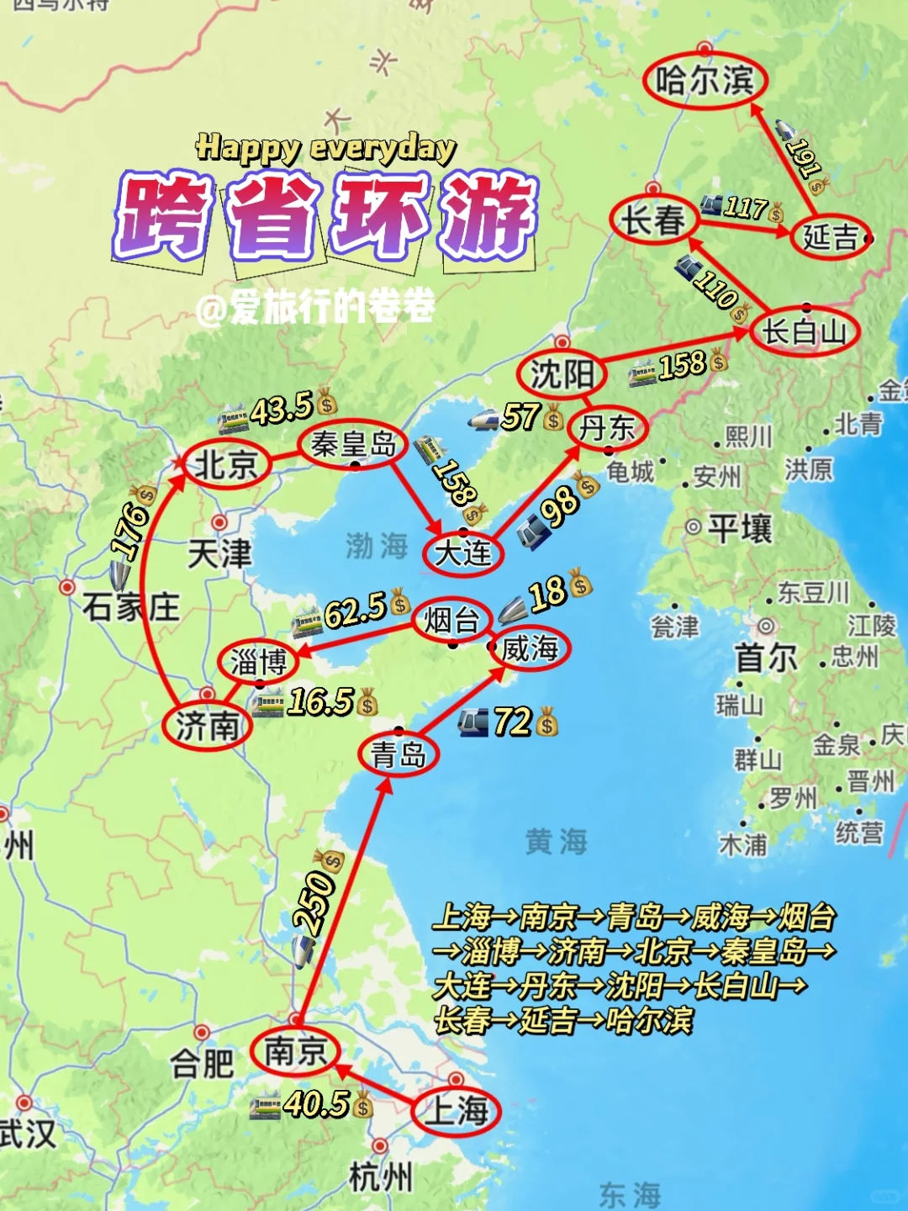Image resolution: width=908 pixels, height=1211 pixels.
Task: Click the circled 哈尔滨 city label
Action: coord(704,81)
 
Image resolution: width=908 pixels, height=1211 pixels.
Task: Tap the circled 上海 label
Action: coord(457,1110)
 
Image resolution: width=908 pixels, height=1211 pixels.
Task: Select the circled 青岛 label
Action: coord(398,754)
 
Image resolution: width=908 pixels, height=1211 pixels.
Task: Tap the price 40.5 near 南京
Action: coord(316,1103)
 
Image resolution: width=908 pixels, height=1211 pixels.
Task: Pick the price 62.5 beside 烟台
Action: coord(355,610)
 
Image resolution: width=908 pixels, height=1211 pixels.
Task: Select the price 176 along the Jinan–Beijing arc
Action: coord(131,530)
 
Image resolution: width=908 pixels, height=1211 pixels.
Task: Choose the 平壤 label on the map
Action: coord(739,529)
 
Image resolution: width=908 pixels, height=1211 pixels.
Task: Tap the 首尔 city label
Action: coord(765,658)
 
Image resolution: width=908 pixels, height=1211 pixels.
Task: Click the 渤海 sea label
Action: coord(377,546)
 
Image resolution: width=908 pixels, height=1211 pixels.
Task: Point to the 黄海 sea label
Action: coord(556,841)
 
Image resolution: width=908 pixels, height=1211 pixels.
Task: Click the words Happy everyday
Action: coord(325,148)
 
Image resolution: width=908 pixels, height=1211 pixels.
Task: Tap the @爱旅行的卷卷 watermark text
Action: coord(315,307)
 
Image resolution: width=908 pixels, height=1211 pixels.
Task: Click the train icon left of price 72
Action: coord(472,722)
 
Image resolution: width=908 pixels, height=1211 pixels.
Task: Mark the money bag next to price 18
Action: coord(580,582)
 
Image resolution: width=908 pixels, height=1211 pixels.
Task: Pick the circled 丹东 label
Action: coord(607,427)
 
